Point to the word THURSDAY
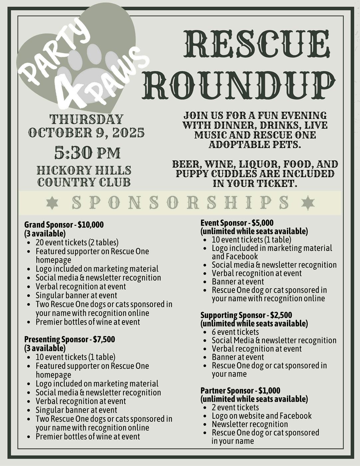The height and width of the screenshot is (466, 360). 87,119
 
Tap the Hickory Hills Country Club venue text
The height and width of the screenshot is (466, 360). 84,176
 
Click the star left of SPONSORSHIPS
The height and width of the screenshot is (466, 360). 52,203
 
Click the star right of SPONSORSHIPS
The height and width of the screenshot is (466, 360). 307,203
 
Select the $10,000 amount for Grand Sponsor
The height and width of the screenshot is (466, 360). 91,225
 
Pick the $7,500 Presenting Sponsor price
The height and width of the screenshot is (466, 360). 104,340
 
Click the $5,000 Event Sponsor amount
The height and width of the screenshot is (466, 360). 263,223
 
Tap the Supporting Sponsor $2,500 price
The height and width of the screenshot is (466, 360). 281,315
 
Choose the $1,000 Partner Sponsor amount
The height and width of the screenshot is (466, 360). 269,390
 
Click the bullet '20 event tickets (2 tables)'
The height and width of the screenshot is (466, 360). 77,242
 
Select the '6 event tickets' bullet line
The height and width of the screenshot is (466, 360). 235,332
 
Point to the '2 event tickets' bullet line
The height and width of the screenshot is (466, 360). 235,407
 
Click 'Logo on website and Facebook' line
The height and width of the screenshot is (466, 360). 262,416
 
